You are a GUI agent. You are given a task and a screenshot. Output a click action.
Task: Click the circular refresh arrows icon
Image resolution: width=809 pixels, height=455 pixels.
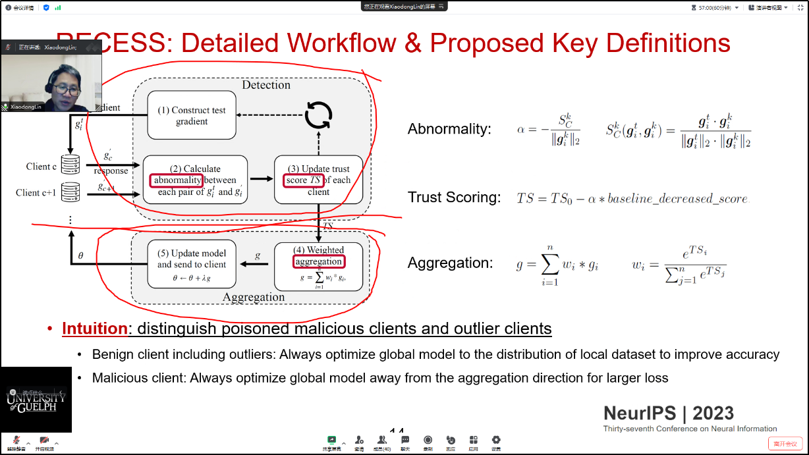click(318, 115)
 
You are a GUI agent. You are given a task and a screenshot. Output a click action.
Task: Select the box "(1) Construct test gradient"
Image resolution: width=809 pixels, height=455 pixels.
click(191, 115)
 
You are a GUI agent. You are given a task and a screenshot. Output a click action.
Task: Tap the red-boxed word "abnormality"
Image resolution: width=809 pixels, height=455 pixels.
click(176, 180)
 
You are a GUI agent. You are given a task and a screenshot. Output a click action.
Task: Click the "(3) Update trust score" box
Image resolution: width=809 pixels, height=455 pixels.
click(319, 180)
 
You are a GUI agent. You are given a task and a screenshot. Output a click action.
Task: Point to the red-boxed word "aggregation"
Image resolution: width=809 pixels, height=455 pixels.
click(318, 261)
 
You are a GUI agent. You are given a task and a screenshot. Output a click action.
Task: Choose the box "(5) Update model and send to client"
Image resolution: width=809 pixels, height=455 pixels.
click(191, 264)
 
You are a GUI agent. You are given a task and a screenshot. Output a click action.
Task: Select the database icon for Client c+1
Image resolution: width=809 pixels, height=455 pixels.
click(70, 193)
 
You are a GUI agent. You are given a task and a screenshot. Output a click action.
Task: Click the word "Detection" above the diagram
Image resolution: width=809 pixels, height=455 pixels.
click(265, 85)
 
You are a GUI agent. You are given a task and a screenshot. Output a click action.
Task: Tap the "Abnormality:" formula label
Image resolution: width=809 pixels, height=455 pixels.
click(449, 129)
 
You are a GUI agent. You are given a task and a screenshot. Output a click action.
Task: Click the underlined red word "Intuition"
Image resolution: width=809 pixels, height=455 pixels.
click(94, 328)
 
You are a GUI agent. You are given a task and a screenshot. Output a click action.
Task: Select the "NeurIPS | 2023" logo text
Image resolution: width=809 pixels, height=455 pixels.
click(668, 413)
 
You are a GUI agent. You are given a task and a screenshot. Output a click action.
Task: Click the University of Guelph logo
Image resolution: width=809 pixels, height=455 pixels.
click(36, 399)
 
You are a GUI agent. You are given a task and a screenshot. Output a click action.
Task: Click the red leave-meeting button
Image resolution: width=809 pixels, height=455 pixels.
click(785, 444)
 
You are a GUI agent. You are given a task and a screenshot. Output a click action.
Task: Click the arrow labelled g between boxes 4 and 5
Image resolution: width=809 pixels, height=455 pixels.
click(254, 263)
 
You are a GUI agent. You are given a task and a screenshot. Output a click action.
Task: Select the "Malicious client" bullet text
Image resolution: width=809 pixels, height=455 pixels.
click(137, 378)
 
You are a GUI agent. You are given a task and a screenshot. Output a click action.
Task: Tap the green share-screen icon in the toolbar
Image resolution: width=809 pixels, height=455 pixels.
click(331, 440)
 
